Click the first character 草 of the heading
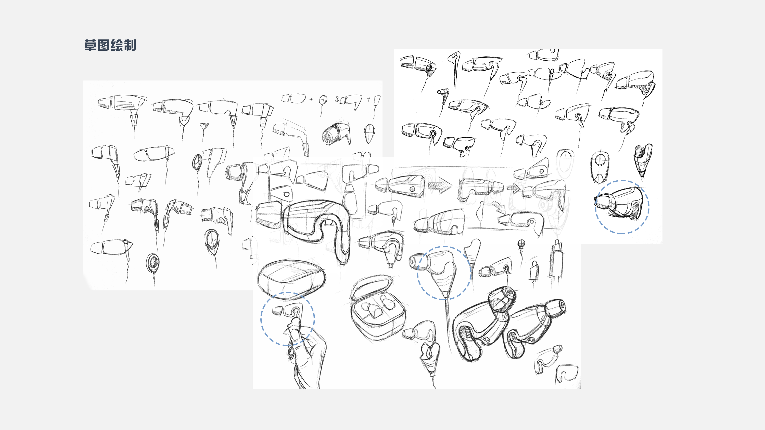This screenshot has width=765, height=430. pos(90,45)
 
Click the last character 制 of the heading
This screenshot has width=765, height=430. pos(130,45)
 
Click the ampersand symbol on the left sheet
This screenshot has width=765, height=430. pos(337,99)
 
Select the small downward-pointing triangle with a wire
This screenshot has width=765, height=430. pos(203,126)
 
